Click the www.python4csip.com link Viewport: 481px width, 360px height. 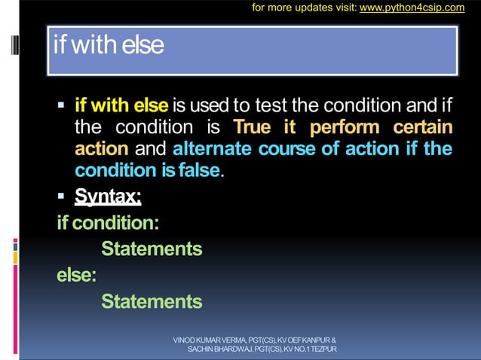pos(422,8)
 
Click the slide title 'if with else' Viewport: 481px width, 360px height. pos(108,45)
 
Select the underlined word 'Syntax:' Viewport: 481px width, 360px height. pos(108,198)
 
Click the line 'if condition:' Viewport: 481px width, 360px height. pos(108,224)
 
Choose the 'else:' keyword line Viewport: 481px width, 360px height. pos(76,275)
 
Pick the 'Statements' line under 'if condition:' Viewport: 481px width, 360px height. pos(152,249)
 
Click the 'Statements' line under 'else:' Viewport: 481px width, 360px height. pos(152,301)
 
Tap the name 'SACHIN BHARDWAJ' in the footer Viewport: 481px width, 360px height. pos(220,350)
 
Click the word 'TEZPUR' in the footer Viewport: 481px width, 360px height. pos(323,350)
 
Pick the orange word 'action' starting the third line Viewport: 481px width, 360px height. pos(101,148)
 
